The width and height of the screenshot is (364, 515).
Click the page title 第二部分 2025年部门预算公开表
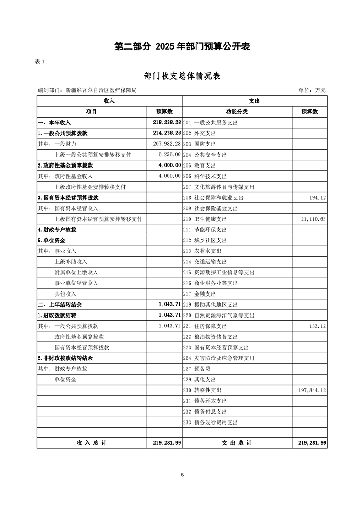coord(182,46)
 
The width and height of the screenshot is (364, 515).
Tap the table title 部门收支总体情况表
coord(182,76)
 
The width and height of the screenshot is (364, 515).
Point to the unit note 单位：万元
coord(312,90)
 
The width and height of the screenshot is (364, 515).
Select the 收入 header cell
coord(109,101)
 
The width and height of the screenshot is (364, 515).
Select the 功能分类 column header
coord(237,112)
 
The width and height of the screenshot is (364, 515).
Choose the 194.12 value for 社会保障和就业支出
coord(317,197)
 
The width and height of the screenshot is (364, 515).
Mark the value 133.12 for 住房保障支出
coord(317,326)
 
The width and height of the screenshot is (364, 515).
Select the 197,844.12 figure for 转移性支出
coord(312,390)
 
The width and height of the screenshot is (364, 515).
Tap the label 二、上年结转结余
coord(60,304)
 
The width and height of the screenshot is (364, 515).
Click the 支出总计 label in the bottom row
coord(237,443)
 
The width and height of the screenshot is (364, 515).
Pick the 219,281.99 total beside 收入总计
coord(165,443)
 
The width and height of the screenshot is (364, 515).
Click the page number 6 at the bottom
coord(182,475)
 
